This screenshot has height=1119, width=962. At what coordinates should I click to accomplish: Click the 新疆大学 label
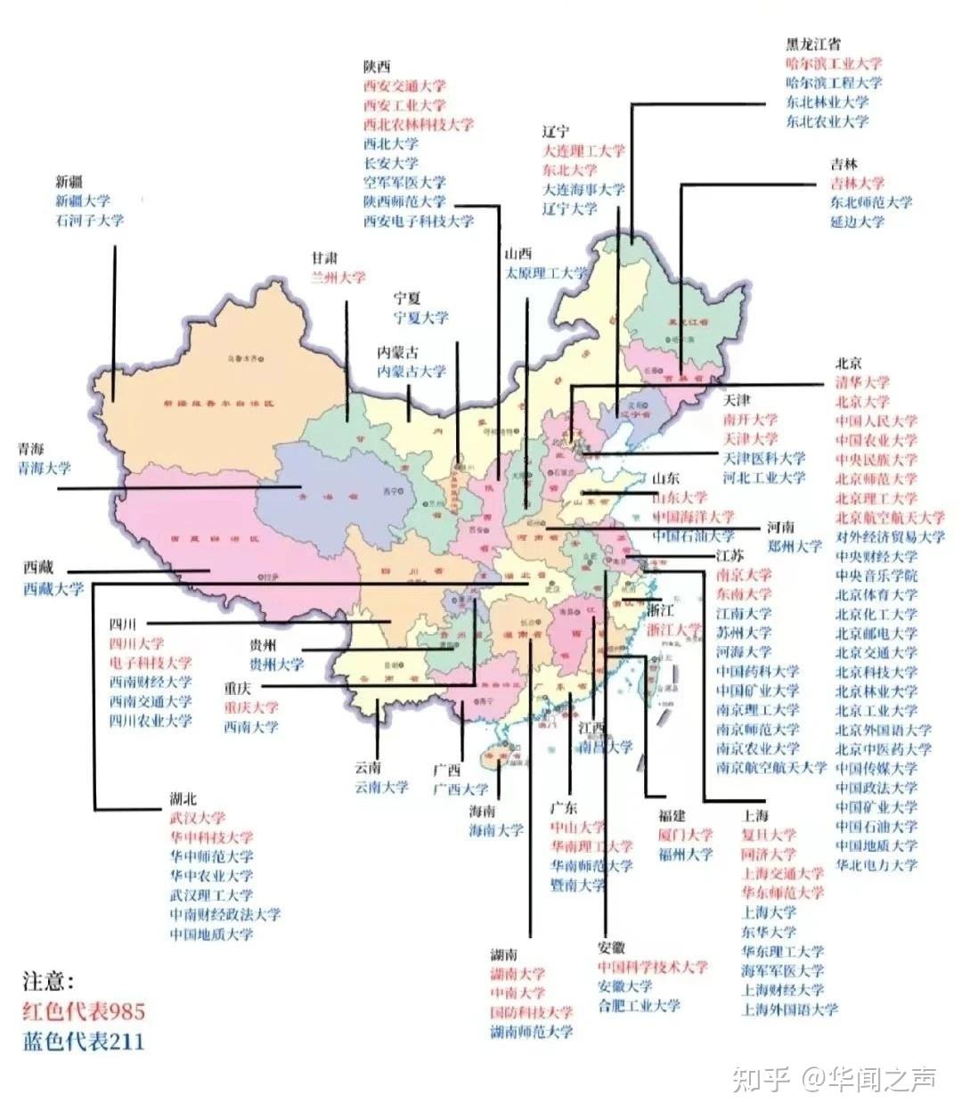coord(83,201)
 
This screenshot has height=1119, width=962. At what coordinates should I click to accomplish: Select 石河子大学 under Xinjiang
coord(89,220)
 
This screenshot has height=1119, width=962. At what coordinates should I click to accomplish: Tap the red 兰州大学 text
coord(338,277)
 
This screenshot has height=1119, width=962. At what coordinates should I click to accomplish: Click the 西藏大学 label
coord(53,588)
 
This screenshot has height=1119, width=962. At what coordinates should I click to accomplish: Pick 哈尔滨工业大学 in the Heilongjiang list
coord(834,63)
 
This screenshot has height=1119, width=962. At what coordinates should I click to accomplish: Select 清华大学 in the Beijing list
coord(862,382)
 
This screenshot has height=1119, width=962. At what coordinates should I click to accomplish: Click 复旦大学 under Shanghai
coord(769,835)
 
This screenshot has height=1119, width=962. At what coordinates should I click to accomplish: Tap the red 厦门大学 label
coord(686,835)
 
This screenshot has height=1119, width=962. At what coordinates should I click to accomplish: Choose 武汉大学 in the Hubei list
coord(198,818)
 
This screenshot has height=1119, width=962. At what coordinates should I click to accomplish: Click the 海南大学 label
coord(496,830)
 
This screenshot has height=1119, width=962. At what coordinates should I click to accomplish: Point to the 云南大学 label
coord(381,787)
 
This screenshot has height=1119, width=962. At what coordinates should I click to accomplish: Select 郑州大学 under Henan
coord(795,546)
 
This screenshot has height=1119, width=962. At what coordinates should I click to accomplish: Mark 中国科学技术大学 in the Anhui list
coord(653,967)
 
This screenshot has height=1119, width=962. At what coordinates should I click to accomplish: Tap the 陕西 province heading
coord(377,67)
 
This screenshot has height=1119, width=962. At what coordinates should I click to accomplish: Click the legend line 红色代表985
coord(84,1011)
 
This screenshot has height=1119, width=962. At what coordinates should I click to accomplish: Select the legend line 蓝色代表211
coord(84,1041)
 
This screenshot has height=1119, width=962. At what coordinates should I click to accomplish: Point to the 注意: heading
coord(49,982)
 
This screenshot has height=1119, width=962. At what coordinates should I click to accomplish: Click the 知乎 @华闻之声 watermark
coord(834,1080)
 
